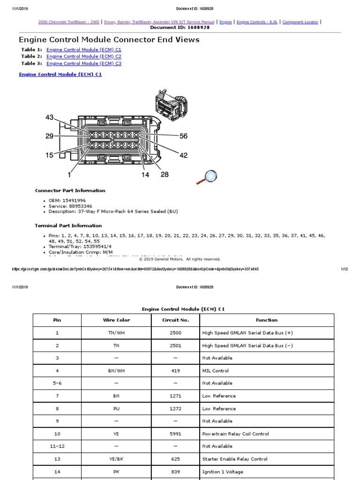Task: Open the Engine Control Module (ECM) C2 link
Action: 84,56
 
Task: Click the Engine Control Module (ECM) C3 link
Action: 84,63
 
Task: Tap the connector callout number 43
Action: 50,117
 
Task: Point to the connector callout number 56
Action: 183,136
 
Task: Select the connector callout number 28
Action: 165,174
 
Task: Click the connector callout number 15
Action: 50,155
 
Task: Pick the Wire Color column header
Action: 116,320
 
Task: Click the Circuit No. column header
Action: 175,320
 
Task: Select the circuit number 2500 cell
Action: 175,333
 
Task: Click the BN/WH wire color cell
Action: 116,370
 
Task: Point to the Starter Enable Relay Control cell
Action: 235,459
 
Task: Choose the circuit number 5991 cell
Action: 175,434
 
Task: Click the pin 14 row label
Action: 57,472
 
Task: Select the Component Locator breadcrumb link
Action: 300,22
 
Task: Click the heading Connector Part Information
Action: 70,191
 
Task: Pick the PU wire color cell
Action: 116,408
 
